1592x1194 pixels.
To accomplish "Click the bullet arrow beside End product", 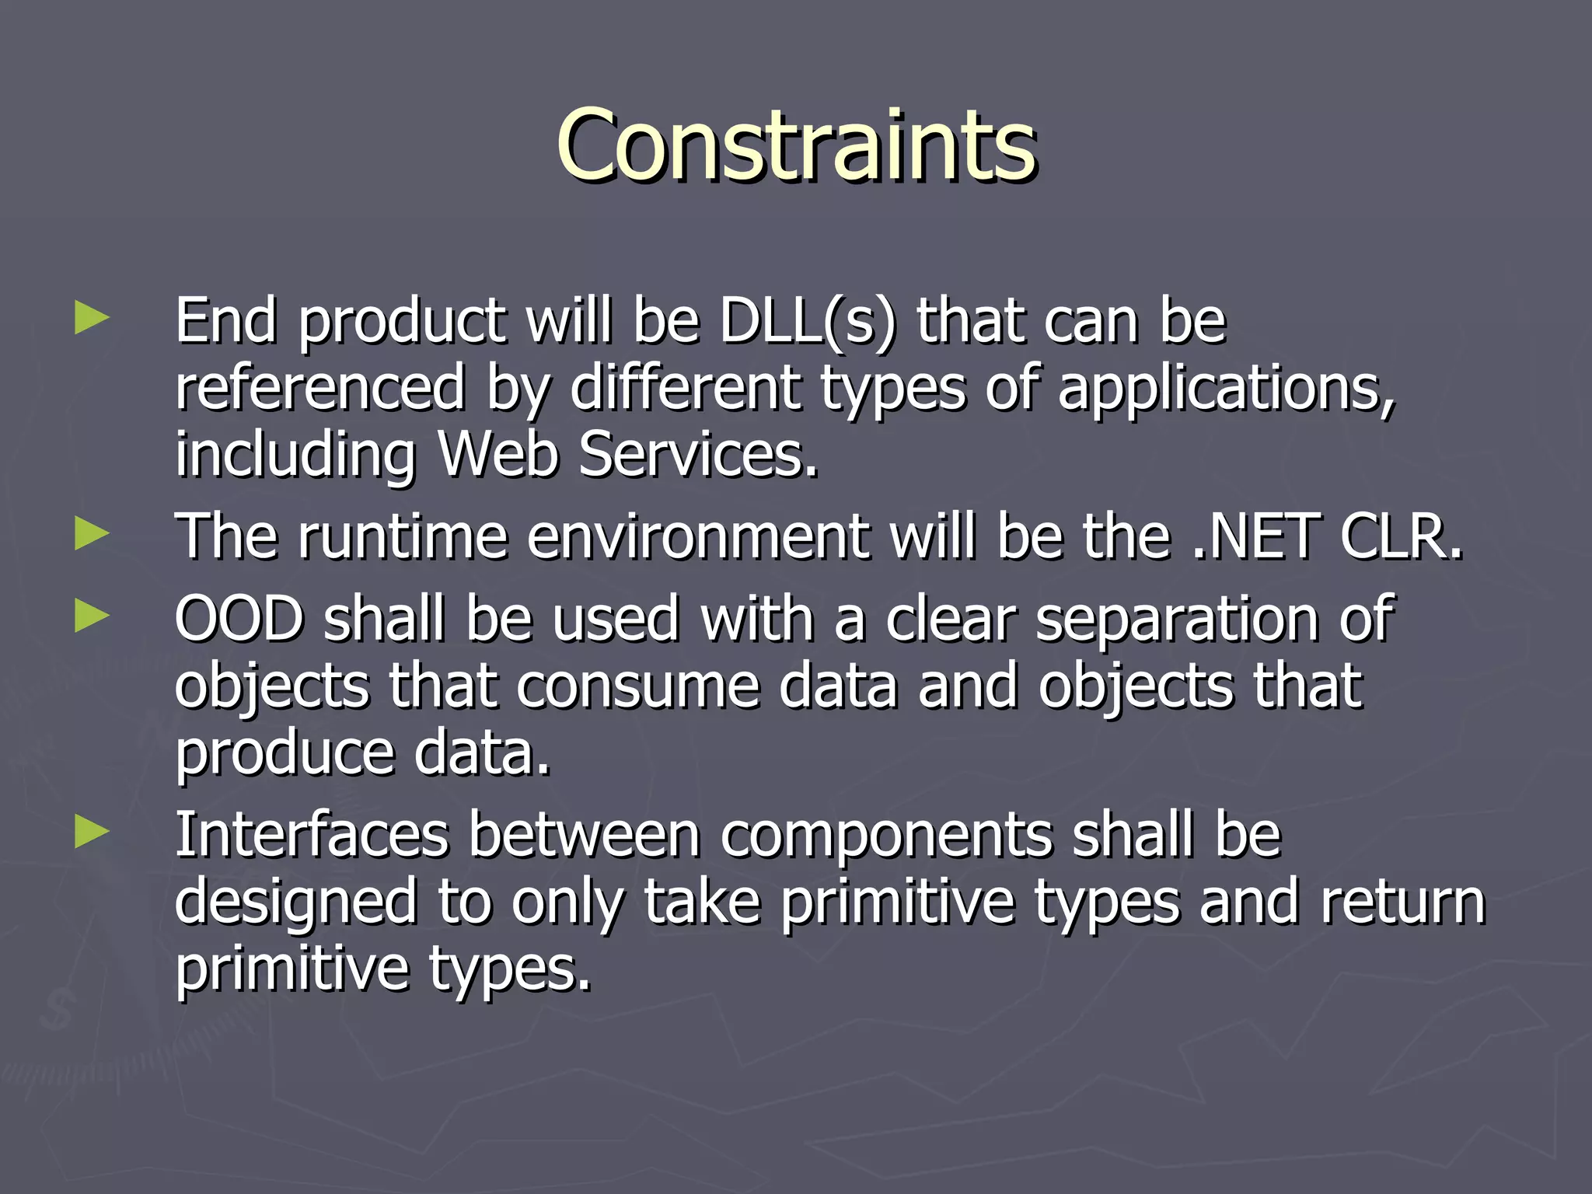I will pos(92,319).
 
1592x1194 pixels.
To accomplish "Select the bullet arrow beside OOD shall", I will pos(92,617).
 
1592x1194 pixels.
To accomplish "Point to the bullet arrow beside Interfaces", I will pos(92,833).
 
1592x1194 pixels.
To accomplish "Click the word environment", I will pos(698,536).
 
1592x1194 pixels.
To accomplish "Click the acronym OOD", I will pos(238,619).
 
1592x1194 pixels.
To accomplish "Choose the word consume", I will pos(637,686).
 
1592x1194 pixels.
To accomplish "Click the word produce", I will pos(285,754).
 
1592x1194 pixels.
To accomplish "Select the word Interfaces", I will pos(312,835).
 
